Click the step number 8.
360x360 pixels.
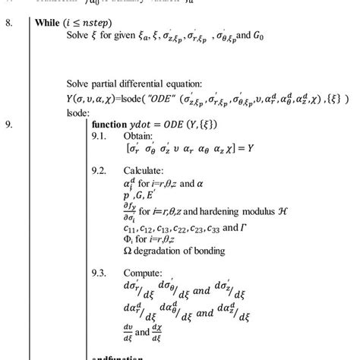[x=11, y=23]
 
